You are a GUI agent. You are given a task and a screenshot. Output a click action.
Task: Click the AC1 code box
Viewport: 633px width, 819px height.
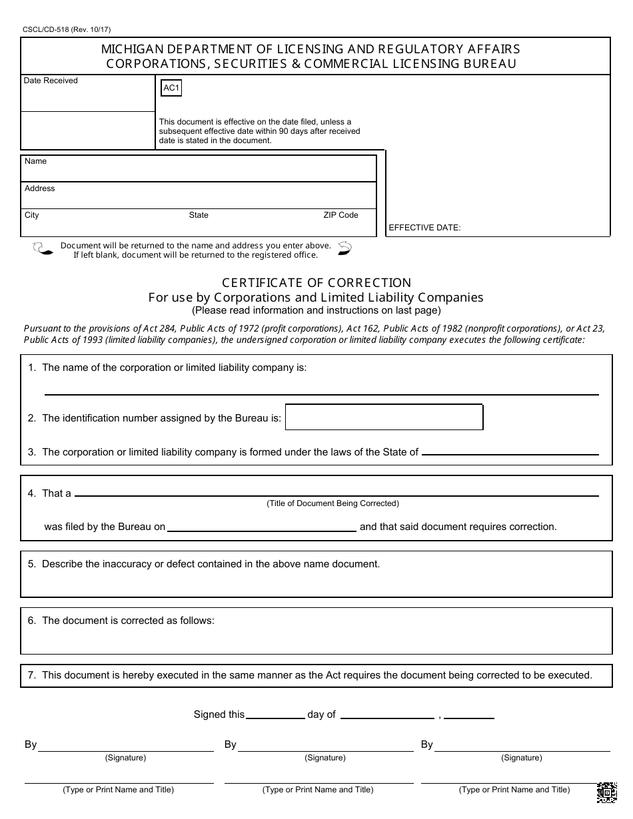point(171,88)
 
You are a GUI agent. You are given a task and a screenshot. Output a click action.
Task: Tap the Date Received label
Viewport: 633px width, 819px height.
point(51,81)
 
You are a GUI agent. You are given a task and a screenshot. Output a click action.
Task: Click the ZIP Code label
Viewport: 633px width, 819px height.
point(340,215)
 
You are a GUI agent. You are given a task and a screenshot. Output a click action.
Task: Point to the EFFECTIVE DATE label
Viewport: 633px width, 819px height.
point(424,228)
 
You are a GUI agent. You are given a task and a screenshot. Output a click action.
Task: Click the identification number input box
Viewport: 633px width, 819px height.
point(384,417)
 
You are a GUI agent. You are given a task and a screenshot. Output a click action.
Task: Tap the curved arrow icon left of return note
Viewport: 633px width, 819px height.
point(43,249)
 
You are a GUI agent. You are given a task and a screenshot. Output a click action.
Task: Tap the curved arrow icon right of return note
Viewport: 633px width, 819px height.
point(344,248)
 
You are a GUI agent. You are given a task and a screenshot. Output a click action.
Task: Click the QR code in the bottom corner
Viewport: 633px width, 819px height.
point(606,792)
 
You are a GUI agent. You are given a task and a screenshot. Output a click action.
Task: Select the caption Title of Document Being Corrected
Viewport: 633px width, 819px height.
point(332,503)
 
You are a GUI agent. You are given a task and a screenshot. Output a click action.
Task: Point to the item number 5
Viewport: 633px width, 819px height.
point(31,564)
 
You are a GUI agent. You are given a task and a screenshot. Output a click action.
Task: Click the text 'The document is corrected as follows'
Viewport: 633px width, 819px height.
point(128,621)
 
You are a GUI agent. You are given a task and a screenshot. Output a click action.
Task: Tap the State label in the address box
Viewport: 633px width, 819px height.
point(199,215)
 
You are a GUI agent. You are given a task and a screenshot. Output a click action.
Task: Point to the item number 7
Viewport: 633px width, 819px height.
point(31,675)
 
